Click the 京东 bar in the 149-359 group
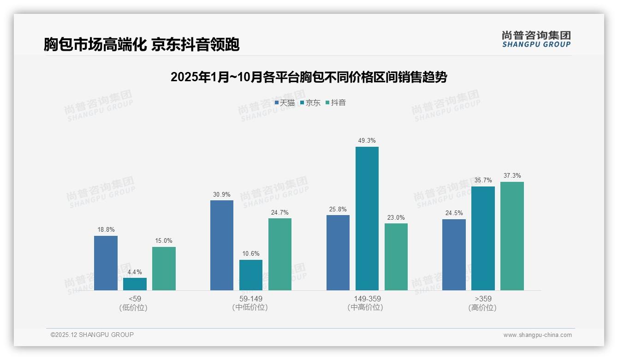point(367,218)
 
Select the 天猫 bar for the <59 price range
point(106,263)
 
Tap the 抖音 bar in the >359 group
point(512,236)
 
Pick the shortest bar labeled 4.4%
point(135,284)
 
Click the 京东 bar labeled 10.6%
point(250,275)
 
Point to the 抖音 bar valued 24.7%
point(280,254)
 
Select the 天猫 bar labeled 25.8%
point(338,252)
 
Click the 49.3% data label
point(367,141)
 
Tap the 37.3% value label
point(512,176)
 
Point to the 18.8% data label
point(106,230)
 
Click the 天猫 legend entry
point(285,103)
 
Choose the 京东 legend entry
point(310,103)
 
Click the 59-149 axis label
point(251,299)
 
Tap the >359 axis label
point(482,299)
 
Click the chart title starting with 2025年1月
point(309,77)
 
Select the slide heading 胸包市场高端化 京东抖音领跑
point(142,44)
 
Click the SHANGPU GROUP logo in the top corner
point(536,39)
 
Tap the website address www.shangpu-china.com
point(537,335)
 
